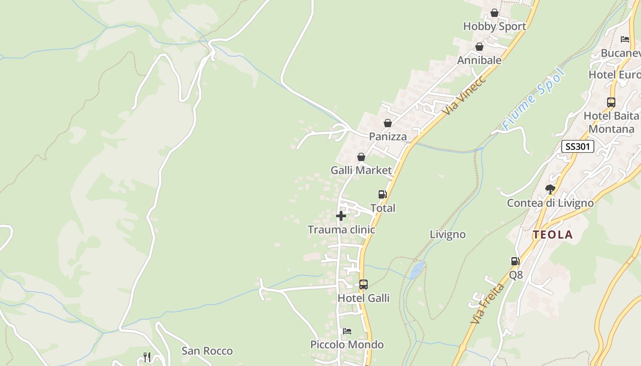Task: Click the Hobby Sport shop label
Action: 494,27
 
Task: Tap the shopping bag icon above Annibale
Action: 479,47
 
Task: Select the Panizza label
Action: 388,137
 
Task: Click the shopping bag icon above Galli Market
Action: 361,157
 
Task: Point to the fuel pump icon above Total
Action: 383,194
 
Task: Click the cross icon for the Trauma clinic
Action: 341,216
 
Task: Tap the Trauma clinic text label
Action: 341,230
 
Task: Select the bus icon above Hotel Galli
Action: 364,285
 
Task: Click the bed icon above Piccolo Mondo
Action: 347,331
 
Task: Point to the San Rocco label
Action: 207,351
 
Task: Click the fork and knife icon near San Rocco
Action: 147,357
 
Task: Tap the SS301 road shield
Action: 578,146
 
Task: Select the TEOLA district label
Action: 552,235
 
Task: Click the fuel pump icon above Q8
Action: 516,261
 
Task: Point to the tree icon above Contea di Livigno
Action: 550,189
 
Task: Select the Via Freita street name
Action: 487,304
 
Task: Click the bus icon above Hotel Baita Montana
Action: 611,102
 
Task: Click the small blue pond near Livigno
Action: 417,270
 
